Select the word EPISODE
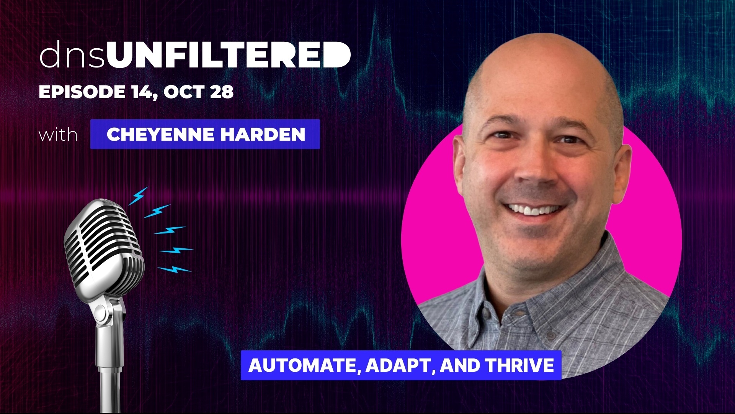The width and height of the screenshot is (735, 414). coord(82,92)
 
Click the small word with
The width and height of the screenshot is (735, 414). coord(58,135)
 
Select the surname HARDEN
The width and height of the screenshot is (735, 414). coord(263,134)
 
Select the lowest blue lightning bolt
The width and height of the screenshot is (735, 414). coord(174,269)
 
